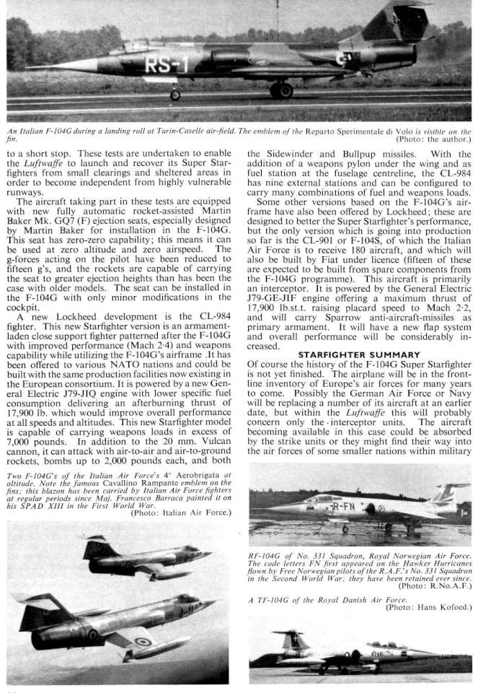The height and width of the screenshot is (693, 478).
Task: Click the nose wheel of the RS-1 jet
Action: tap(175, 95)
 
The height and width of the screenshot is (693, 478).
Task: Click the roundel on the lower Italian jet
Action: tap(143, 641)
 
